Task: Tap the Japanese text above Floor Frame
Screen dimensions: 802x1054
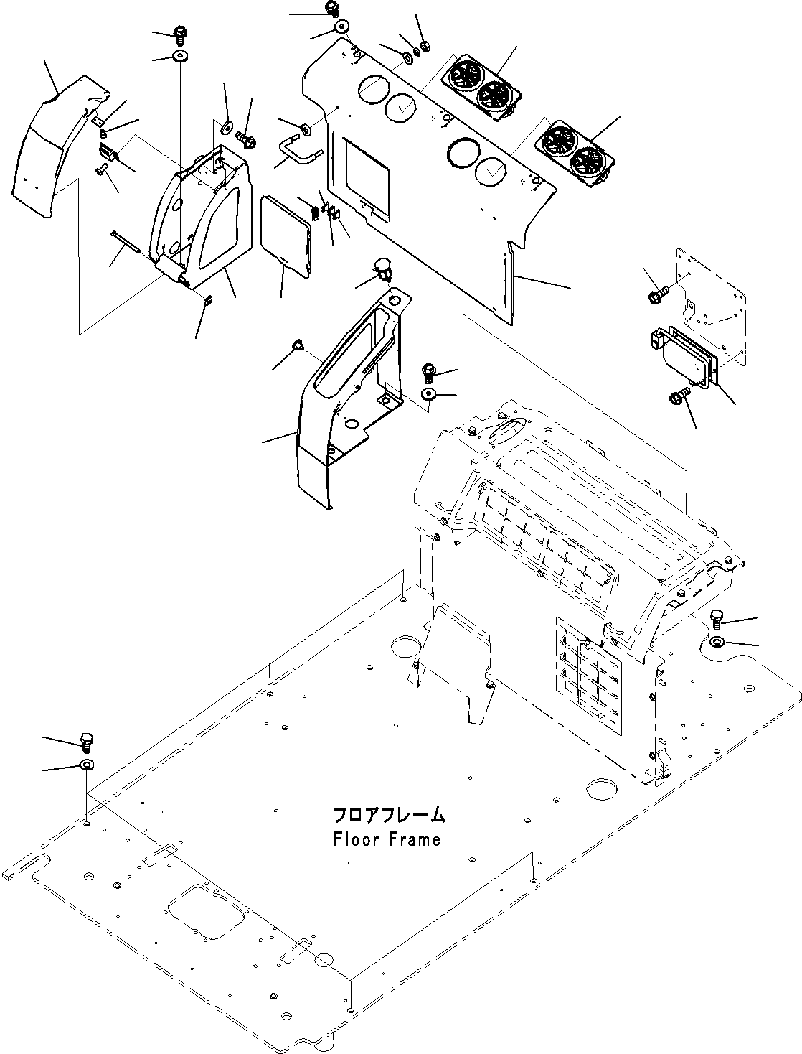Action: [389, 815]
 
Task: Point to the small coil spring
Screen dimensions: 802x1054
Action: [315, 213]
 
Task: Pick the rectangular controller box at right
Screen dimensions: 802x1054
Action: [684, 356]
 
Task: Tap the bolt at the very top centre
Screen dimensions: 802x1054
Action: [332, 8]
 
